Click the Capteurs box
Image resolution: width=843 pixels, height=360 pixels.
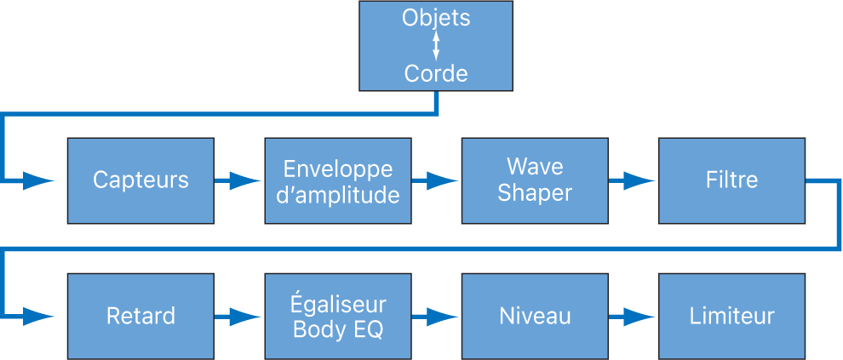point(140,180)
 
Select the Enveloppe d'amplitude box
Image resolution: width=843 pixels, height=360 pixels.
point(338,180)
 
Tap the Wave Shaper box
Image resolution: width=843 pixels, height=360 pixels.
point(535,180)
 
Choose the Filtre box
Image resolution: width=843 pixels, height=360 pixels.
point(731,180)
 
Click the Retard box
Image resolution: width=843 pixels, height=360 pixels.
point(140,316)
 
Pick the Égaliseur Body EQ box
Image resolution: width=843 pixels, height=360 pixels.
point(338,316)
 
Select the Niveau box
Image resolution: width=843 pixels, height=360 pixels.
point(535,316)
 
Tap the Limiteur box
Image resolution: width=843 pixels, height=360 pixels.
point(731,316)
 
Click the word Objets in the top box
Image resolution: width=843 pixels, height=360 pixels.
point(436,18)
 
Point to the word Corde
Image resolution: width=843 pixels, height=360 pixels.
point(436,74)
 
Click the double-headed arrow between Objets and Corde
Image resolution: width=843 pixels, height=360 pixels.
point(436,46)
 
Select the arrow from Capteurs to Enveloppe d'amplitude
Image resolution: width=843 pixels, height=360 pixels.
point(238,180)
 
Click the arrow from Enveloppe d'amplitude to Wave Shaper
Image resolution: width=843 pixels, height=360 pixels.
point(436,180)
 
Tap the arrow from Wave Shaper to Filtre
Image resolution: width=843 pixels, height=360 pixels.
point(633,180)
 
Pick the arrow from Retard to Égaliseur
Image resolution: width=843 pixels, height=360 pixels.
point(238,316)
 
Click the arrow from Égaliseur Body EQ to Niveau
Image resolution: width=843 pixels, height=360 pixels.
point(436,316)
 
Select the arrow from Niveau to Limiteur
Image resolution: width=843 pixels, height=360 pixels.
point(633,316)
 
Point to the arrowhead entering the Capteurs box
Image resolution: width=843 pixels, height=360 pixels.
point(37,180)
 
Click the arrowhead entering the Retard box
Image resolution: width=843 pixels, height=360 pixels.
point(37,316)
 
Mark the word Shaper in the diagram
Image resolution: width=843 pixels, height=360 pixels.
point(535,193)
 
